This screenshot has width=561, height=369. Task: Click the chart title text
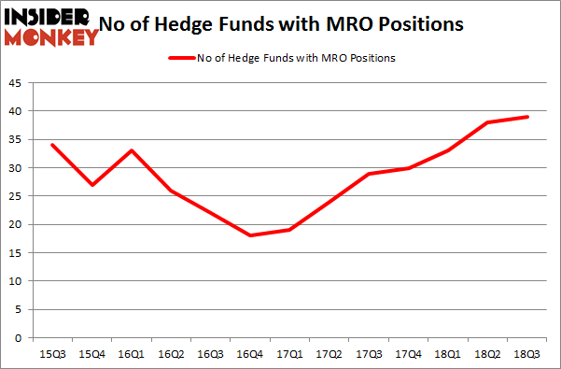tap(297, 23)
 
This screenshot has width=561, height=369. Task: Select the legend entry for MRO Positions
tap(281, 58)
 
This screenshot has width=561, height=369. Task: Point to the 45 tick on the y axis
tap(17, 83)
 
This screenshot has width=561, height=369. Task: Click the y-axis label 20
tap(17, 224)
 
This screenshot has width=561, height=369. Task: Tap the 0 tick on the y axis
tap(21, 337)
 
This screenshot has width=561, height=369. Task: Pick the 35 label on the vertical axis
tap(17, 139)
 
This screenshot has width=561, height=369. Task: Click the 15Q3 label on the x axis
tap(51, 354)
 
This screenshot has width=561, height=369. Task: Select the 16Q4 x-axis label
tap(250, 354)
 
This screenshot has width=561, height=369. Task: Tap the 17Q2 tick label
tap(330, 354)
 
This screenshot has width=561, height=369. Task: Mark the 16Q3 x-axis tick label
tap(211, 354)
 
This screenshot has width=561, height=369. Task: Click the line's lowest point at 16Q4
tap(250, 235)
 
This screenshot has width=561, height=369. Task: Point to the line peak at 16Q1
tap(132, 150)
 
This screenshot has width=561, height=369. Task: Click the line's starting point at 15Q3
tap(51, 145)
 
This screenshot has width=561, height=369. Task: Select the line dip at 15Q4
tap(91, 185)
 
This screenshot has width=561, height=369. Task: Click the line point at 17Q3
tap(370, 174)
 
